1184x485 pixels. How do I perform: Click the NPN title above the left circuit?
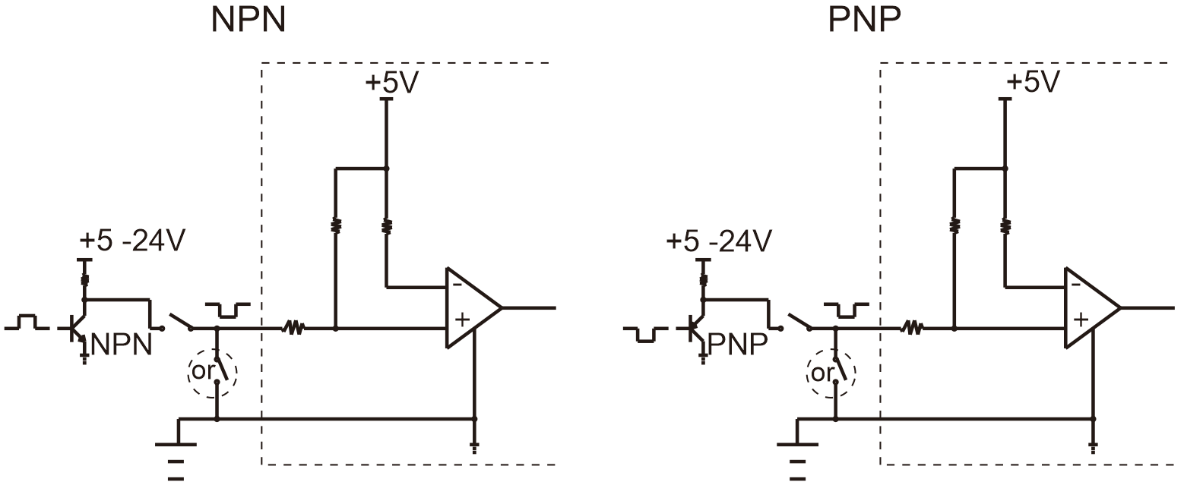pyautogui.click(x=249, y=20)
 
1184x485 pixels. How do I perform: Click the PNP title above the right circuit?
pyautogui.click(x=864, y=20)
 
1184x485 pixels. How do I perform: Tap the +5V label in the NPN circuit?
pyautogui.click(x=391, y=82)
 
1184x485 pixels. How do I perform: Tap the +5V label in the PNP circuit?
pyautogui.click(x=1033, y=82)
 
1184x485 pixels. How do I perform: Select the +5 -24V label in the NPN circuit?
pyautogui.click(x=132, y=241)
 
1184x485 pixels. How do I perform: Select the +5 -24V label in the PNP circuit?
pyautogui.click(x=719, y=241)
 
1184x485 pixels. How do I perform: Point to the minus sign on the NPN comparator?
pyautogui.click(x=457, y=285)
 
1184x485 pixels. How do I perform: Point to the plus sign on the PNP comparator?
pyautogui.click(x=1081, y=320)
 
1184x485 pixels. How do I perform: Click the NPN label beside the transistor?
pyautogui.click(x=122, y=345)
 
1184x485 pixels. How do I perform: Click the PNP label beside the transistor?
pyautogui.click(x=737, y=345)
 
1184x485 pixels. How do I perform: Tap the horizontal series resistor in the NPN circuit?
pyautogui.click(x=293, y=328)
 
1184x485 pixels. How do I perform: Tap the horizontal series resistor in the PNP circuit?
pyautogui.click(x=912, y=328)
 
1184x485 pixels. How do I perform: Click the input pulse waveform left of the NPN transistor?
pyautogui.click(x=27, y=322)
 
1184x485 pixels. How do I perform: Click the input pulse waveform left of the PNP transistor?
pyautogui.click(x=646, y=335)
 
